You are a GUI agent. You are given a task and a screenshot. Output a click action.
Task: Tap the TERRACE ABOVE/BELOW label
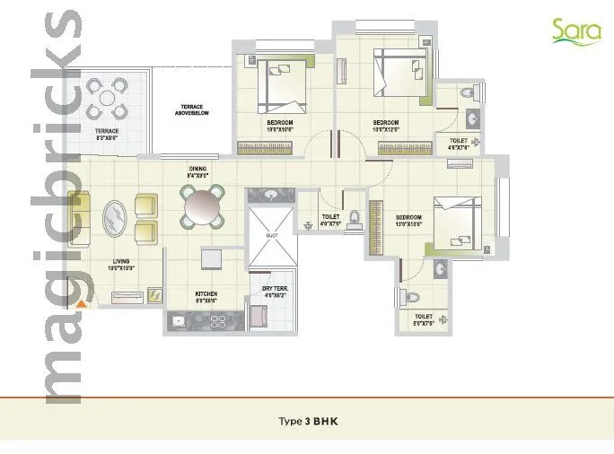point(195,110)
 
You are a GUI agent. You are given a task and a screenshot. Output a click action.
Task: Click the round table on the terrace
point(107,99)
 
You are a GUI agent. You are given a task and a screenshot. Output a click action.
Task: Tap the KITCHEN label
point(206,296)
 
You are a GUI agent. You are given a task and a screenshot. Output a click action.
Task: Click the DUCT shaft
point(272,235)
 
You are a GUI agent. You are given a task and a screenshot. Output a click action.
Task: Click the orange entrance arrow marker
point(82,304)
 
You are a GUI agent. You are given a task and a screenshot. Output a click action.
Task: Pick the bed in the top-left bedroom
point(284,83)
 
